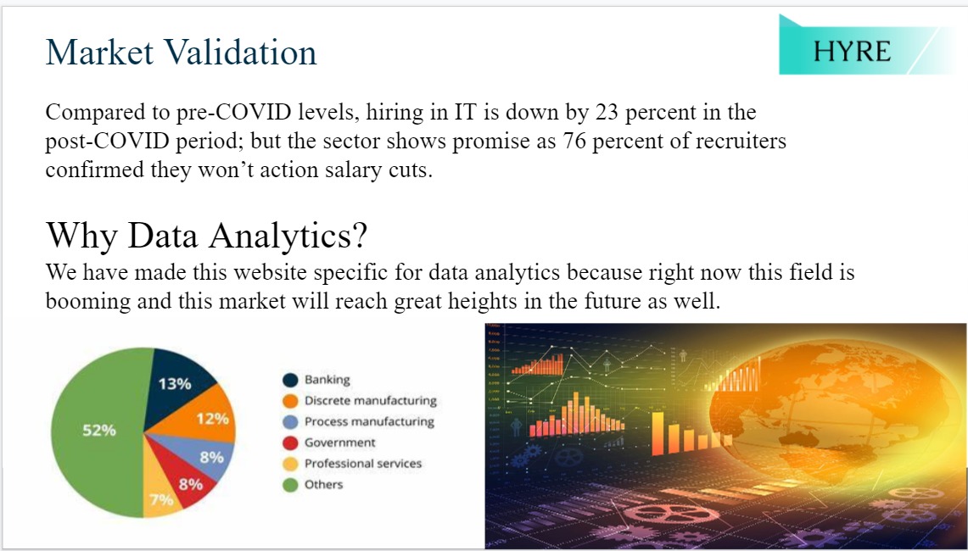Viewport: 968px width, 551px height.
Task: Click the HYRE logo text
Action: tap(852, 51)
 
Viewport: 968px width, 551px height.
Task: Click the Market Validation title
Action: tap(181, 52)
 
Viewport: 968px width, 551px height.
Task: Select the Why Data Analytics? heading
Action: tap(206, 235)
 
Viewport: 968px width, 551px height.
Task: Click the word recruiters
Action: tap(741, 141)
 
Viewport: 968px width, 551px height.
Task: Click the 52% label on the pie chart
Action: tap(99, 430)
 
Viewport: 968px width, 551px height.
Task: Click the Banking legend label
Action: tap(327, 380)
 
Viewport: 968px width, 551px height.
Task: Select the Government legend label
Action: tap(339, 442)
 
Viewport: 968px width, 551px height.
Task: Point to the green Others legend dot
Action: tap(290, 485)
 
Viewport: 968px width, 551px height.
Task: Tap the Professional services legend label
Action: tap(363, 464)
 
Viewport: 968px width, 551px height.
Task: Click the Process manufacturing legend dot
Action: tap(290, 422)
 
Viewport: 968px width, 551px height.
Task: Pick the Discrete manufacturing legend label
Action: tap(371, 400)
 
